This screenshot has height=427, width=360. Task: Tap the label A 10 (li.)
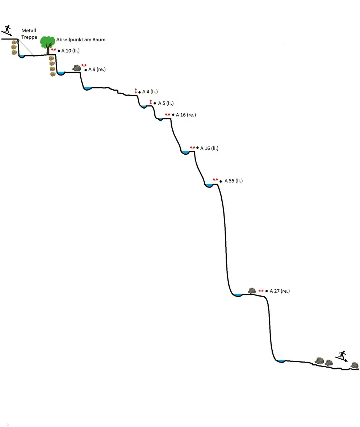pyautogui.click(x=70, y=51)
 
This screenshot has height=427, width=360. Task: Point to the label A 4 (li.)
pyautogui.click(x=150, y=92)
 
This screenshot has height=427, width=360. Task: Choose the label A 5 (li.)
pyautogui.click(x=166, y=103)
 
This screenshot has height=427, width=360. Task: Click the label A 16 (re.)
pyautogui.click(x=186, y=115)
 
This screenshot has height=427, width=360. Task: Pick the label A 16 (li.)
pyautogui.click(x=209, y=148)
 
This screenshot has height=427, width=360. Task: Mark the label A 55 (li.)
pyautogui.click(x=234, y=181)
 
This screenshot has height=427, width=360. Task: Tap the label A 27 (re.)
pyautogui.click(x=280, y=291)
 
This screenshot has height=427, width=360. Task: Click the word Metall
pyautogui.click(x=29, y=30)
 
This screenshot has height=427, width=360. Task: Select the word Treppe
pyautogui.click(x=29, y=37)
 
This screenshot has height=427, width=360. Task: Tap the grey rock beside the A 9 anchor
pyautogui.click(x=77, y=68)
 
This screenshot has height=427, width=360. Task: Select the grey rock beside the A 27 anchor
pyautogui.click(x=252, y=290)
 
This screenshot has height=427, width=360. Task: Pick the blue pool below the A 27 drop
pyautogui.click(x=281, y=361)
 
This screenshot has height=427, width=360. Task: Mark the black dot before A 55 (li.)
pyautogui.click(x=221, y=181)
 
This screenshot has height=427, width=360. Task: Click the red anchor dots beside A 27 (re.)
pyautogui.click(x=261, y=291)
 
